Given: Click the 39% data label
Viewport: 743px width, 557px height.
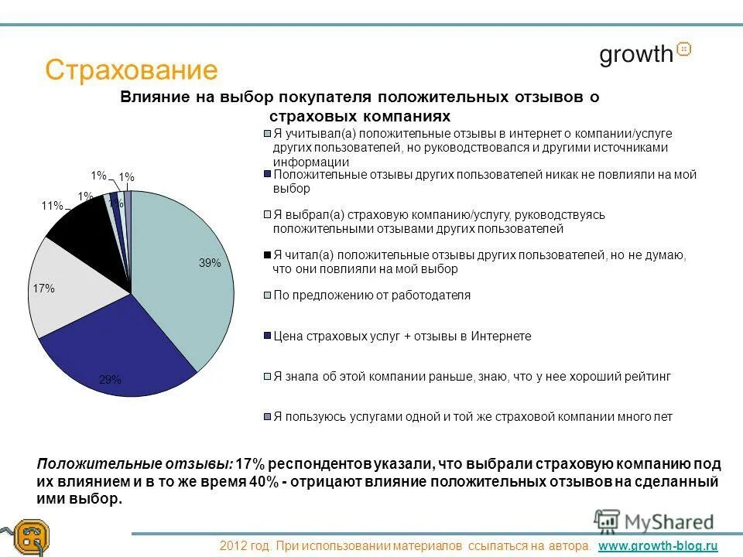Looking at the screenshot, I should click(x=210, y=263).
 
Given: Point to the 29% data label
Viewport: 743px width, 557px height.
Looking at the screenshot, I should click(x=110, y=380).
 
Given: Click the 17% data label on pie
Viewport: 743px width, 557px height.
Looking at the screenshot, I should click(x=43, y=289).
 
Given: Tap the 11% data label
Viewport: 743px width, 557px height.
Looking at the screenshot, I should click(x=52, y=206).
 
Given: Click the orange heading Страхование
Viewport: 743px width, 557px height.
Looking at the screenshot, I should click(x=132, y=70).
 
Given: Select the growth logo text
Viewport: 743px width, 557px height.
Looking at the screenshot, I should click(x=636, y=54).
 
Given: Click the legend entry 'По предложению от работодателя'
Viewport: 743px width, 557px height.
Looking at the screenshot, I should click(x=371, y=296).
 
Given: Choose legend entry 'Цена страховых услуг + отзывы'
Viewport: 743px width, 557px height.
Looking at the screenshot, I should click(x=402, y=337).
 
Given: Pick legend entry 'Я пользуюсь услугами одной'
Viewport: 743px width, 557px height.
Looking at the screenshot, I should click(x=472, y=417).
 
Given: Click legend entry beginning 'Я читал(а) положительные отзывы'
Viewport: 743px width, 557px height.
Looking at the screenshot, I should click(x=480, y=261).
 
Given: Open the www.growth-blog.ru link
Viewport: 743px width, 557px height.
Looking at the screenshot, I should click(x=659, y=546).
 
